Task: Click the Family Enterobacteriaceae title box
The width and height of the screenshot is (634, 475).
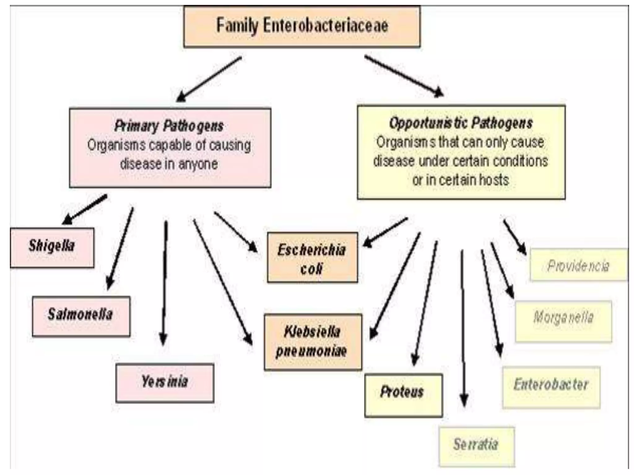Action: pyautogui.click(x=302, y=26)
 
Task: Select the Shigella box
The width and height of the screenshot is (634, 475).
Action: pyautogui.click(x=52, y=247)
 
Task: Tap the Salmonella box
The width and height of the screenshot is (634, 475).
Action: pyautogui.click(x=81, y=316)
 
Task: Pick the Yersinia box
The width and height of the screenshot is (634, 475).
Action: pyautogui.click(x=165, y=383)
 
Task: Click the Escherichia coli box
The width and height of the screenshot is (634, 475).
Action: pyautogui.click(x=312, y=257)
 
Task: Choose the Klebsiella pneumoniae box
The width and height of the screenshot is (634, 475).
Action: pyautogui.click(x=313, y=342)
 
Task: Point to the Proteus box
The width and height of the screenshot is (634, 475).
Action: pyautogui.click(x=403, y=395)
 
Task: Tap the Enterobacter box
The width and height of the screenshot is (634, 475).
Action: pyautogui.click(x=551, y=387)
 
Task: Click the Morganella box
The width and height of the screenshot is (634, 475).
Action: pyautogui.click(x=563, y=321)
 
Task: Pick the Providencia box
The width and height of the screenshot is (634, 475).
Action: pyautogui.click(x=578, y=265)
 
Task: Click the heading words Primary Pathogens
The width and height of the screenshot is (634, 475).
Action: pyautogui.click(x=169, y=126)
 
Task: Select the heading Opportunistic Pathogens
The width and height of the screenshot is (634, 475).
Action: pyautogui.click(x=461, y=123)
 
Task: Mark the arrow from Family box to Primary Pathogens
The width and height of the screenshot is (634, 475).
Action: pyautogui.click(x=209, y=79)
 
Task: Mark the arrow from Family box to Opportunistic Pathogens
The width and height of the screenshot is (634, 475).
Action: pyautogui.click(x=404, y=76)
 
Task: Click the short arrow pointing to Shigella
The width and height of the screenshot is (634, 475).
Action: pyautogui.click(x=84, y=209)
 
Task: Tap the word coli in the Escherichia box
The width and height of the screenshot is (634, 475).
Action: pyautogui.click(x=311, y=269)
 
